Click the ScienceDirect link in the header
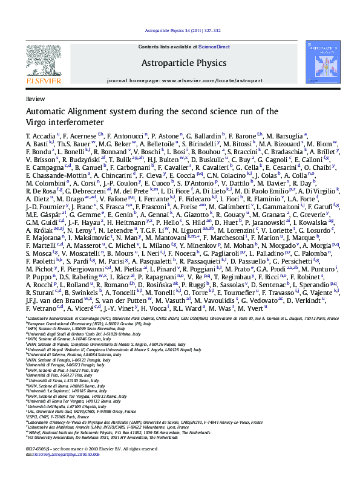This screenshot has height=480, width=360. [214, 47]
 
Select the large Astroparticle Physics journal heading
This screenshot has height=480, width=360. [183, 62]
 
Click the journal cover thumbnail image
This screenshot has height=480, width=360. [319, 62]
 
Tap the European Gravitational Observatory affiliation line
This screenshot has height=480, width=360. [91, 323]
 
